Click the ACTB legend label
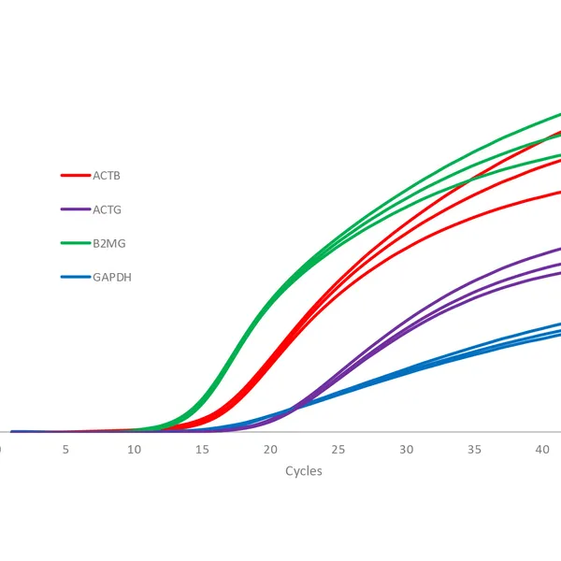[107, 175]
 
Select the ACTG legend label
[107, 209]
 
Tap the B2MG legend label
[108, 243]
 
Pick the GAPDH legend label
[111, 277]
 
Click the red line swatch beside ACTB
[74, 175]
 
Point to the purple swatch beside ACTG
[74, 209]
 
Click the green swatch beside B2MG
[74, 243]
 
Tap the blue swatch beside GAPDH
[74, 277]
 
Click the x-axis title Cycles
[303, 471]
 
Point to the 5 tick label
[65, 450]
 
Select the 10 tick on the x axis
[135, 450]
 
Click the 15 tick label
[202, 450]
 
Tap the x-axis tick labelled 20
[270, 450]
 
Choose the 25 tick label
[338, 450]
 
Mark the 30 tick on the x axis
[406, 450]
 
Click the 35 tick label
[474, 450]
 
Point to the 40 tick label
[542, 450]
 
